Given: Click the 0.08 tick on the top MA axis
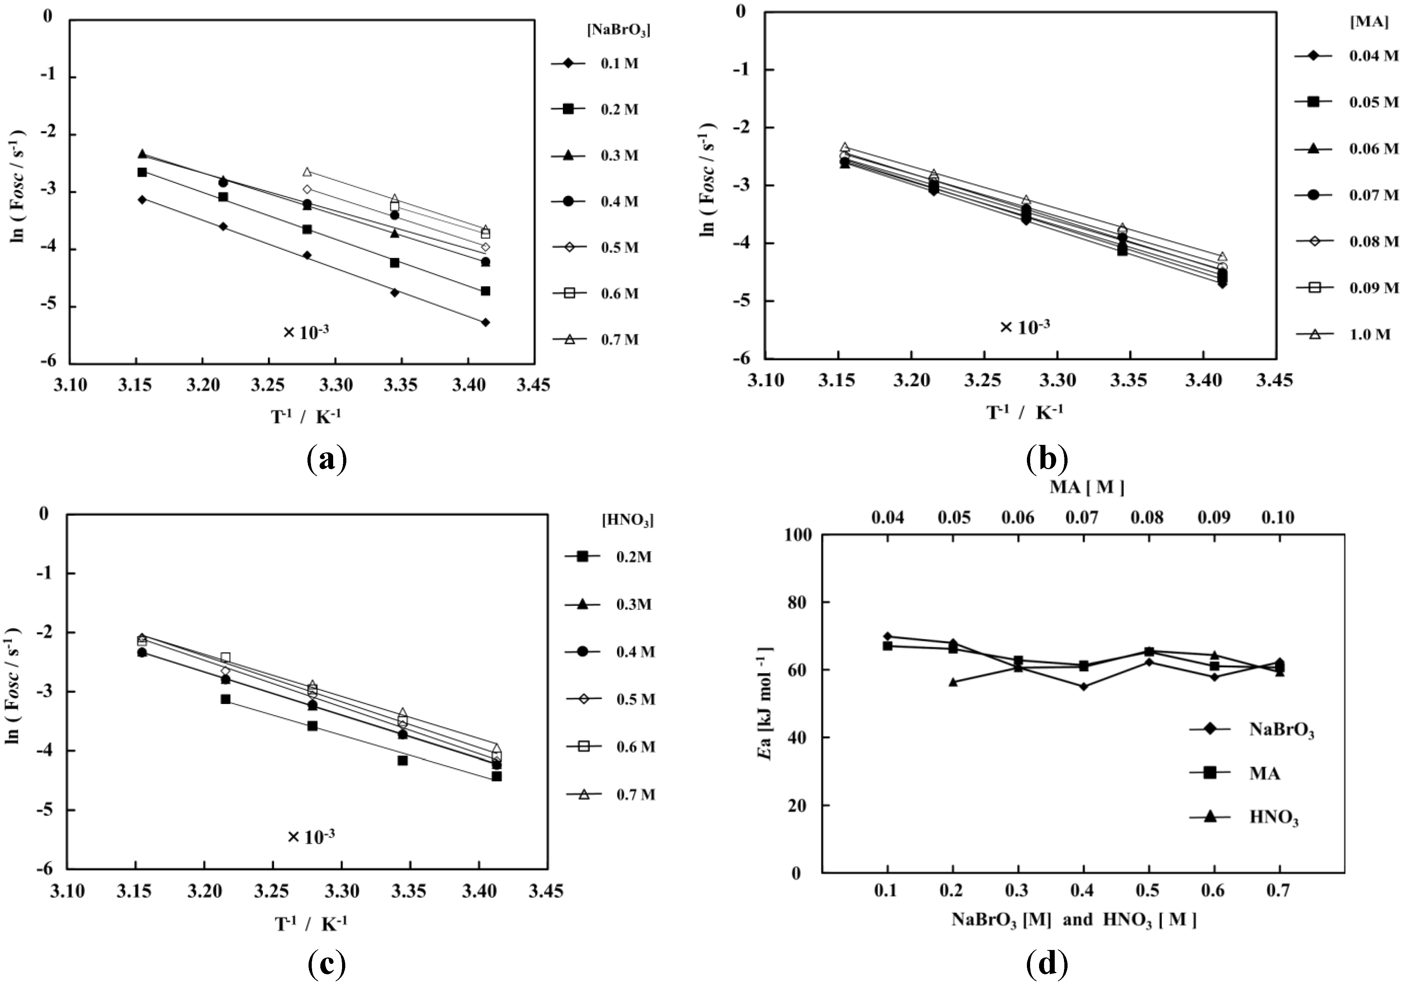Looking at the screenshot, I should (x=1147, y=518).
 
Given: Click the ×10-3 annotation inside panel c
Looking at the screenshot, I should (x=311, y=837).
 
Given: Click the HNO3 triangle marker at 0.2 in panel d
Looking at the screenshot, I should (x=953, y=682).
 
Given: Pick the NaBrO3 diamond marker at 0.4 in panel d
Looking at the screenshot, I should (x=1083, y=686).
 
